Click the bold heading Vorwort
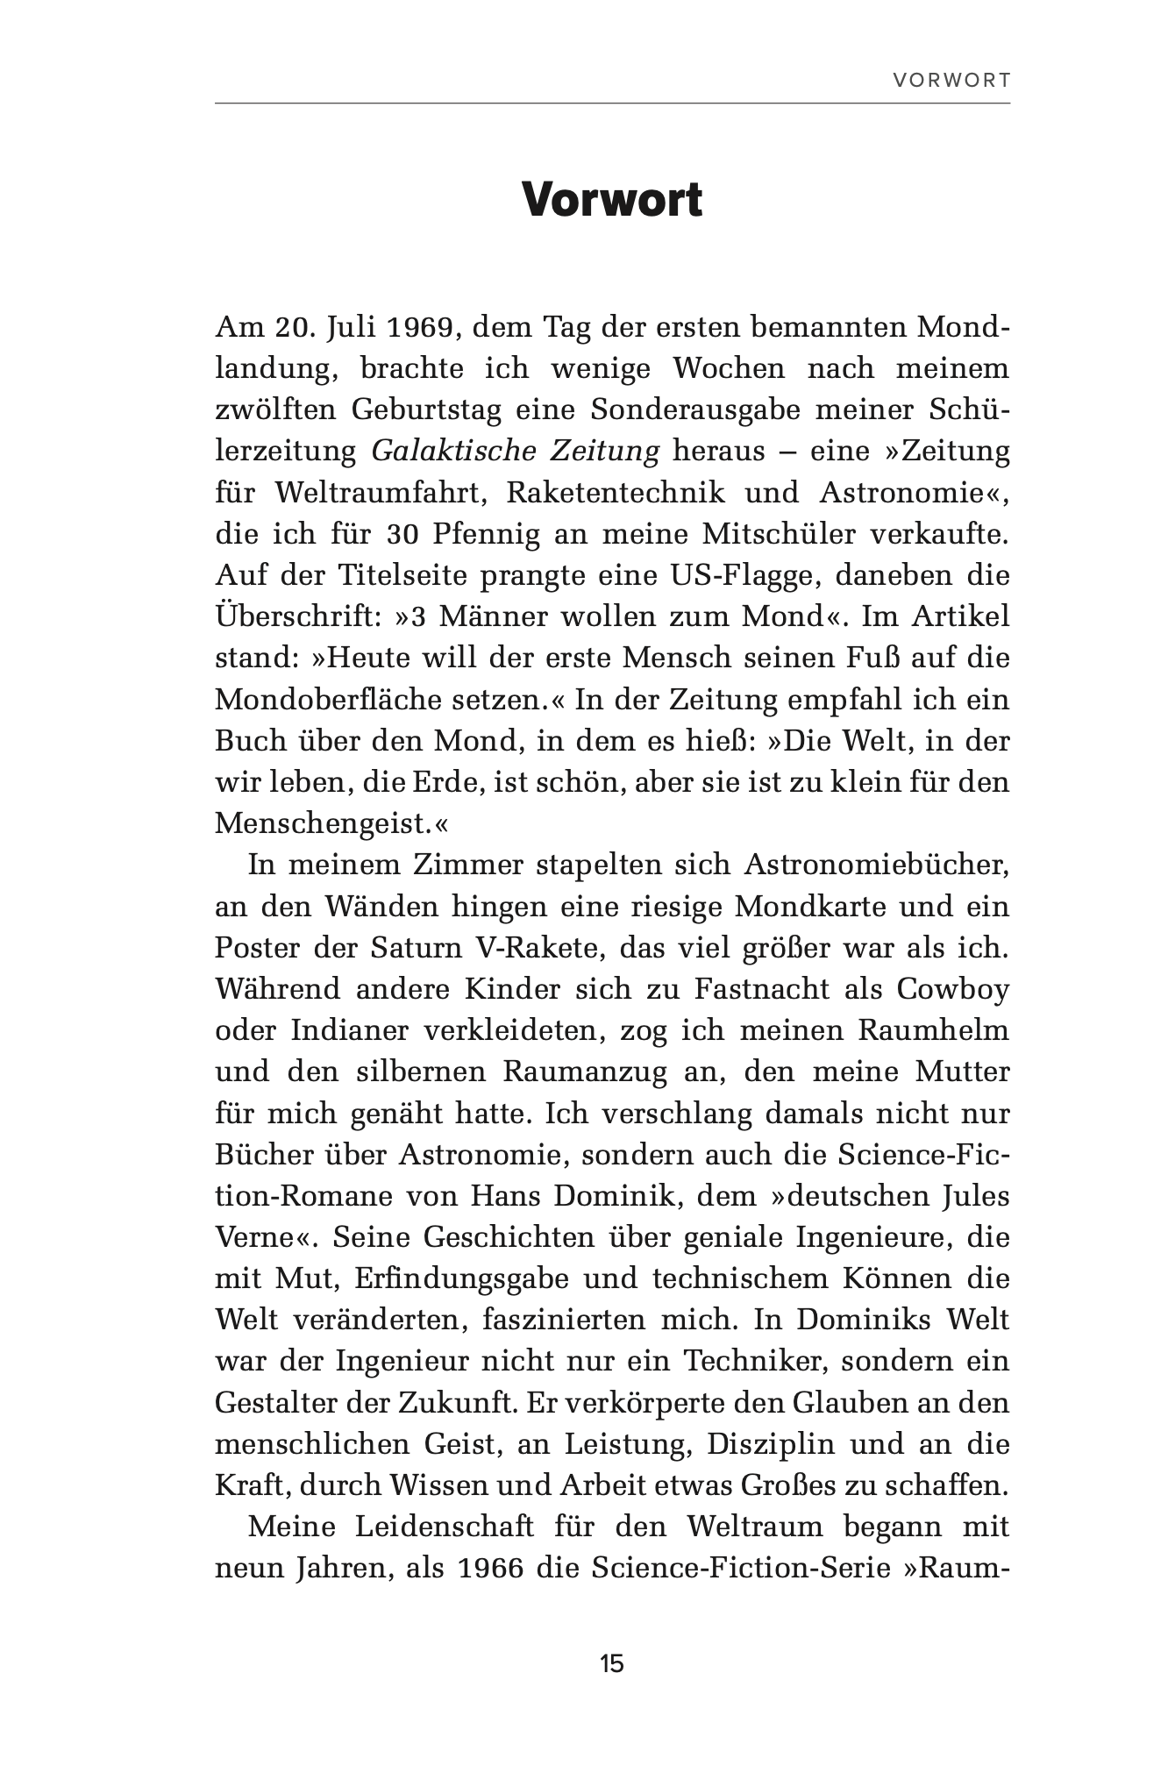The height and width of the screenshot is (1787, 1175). (612, 201)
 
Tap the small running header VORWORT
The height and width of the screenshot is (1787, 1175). (951, 81)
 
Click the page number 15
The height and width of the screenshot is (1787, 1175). (612, 1663)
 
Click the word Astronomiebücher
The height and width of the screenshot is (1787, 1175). (877, 865)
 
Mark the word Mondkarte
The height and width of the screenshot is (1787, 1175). (811, 906)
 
